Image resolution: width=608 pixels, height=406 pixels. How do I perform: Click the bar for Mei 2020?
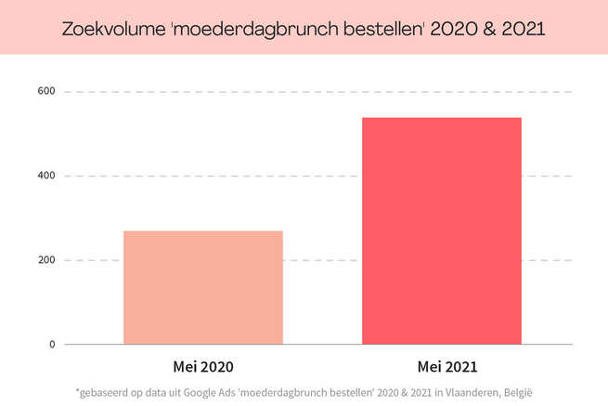[x=202, y=287]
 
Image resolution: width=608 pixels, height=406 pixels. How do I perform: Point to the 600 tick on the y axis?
[x=46, y=91]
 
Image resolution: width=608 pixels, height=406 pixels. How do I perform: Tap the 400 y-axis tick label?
[x=46, y=176]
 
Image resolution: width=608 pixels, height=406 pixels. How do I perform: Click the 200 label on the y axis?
[x=46, y=260]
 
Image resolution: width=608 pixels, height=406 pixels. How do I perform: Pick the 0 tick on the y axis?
[x=52, y=345]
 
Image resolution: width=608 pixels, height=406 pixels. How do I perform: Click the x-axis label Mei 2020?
[x=202, y=366]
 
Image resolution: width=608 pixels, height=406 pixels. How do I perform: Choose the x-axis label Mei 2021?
[x=441, y=366]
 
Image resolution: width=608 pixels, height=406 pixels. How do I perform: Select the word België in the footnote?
[x=518, y=393]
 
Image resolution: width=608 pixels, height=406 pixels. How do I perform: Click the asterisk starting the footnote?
[x=78, y=391]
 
